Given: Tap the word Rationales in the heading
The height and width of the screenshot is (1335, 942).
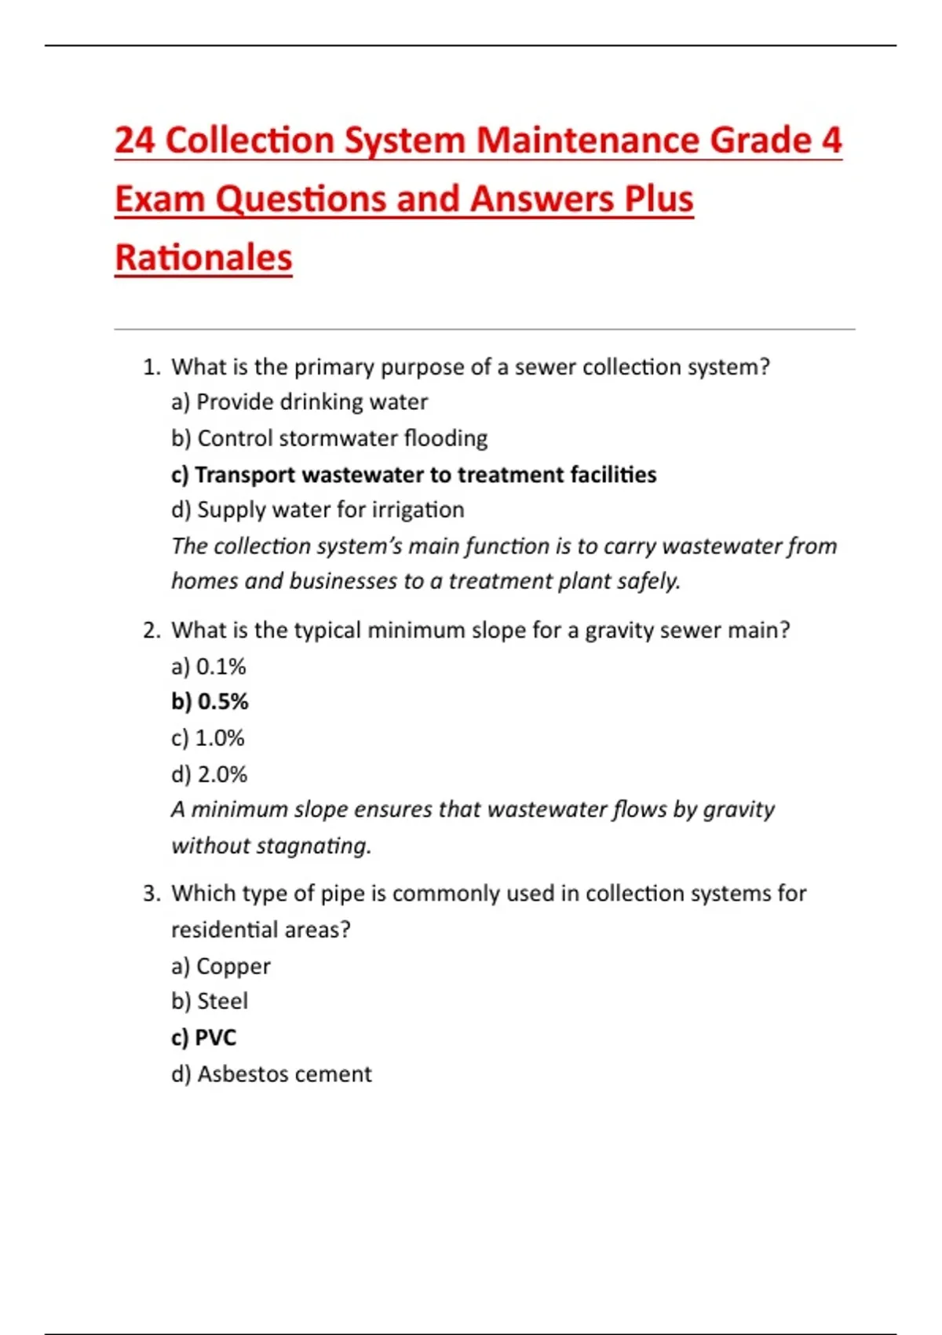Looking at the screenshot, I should tap(203, 258).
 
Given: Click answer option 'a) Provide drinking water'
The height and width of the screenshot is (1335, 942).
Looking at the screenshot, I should tap(299, 402).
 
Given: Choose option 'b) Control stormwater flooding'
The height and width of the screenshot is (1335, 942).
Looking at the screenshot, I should tap(329, 438).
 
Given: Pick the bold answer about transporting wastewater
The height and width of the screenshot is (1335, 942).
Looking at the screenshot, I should tap(414, 474).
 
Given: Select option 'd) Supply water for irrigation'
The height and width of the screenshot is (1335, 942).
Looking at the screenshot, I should tap(317, 510).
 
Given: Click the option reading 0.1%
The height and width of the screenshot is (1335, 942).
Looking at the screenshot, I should tap(209, 667).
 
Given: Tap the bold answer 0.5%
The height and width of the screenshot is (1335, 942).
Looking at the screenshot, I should tap(210, 701).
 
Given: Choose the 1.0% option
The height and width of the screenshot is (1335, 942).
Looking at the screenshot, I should tap(208, 738).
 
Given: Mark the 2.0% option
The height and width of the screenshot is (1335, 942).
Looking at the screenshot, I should tap(209, 774).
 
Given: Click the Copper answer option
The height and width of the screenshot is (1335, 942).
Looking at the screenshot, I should tap(221, 966).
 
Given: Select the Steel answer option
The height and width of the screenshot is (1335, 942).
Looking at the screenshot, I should tap(210, 1001).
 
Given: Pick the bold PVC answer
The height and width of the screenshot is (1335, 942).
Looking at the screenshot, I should tap(203, 1037).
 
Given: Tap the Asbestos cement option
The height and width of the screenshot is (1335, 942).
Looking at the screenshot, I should tap(271, 1073).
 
